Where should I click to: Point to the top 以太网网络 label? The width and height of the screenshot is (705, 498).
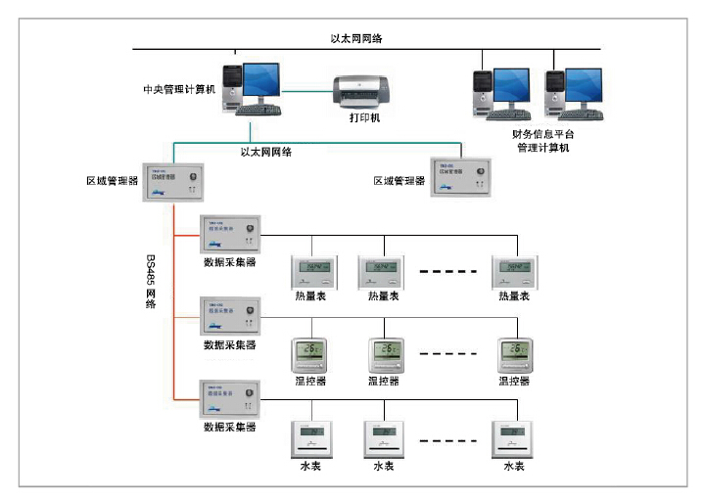pyautogui.click(x=356, y=39)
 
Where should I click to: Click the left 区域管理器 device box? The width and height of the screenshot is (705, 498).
pyautogui.click(x=173, y=183)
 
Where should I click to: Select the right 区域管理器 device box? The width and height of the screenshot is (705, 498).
pyautogui.click(x=460, y=176)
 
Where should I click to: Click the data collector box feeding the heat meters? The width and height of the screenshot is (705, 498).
pyautogui.click(x=229, y=235)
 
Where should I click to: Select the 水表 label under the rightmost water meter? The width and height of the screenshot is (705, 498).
pyautogui.click(x=514, y=466)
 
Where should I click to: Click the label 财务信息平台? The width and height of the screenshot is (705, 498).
pyautogui.click(x=543, y=134)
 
